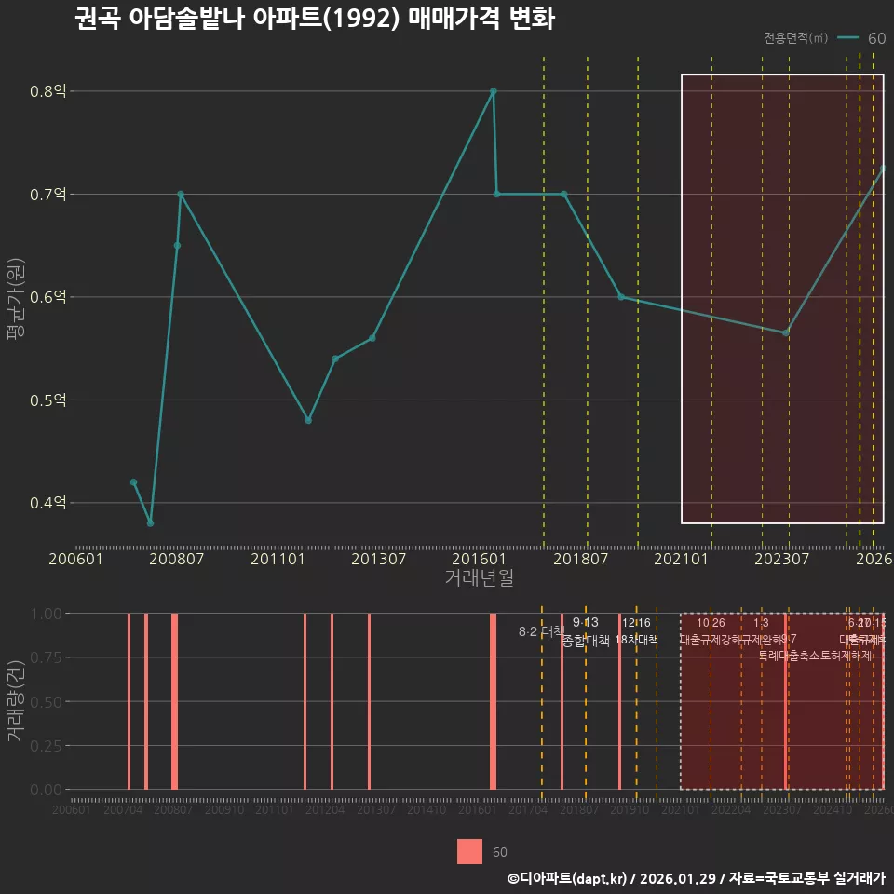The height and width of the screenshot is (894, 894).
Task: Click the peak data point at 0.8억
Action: (494, 91)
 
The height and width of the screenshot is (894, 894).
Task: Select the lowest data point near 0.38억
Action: (151, 523)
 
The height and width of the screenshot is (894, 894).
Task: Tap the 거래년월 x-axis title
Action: (479, 578)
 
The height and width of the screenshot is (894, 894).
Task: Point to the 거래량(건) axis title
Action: (15, 701)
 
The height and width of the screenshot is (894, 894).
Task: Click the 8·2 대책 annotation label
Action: (540, 631)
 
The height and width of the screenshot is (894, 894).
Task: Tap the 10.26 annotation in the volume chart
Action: (711, 623)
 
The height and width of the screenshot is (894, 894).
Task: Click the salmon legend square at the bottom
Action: (470, 852)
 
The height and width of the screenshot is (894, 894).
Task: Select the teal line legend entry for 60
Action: (861, 38)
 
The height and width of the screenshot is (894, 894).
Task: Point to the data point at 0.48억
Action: (308, 420)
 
